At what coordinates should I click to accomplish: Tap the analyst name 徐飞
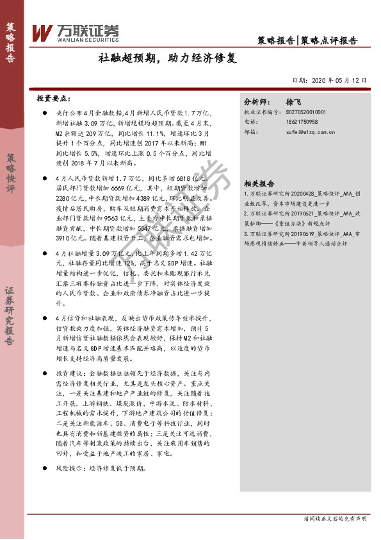(x=293, y=102)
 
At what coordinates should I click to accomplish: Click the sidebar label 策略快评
(x=12, y=173)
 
